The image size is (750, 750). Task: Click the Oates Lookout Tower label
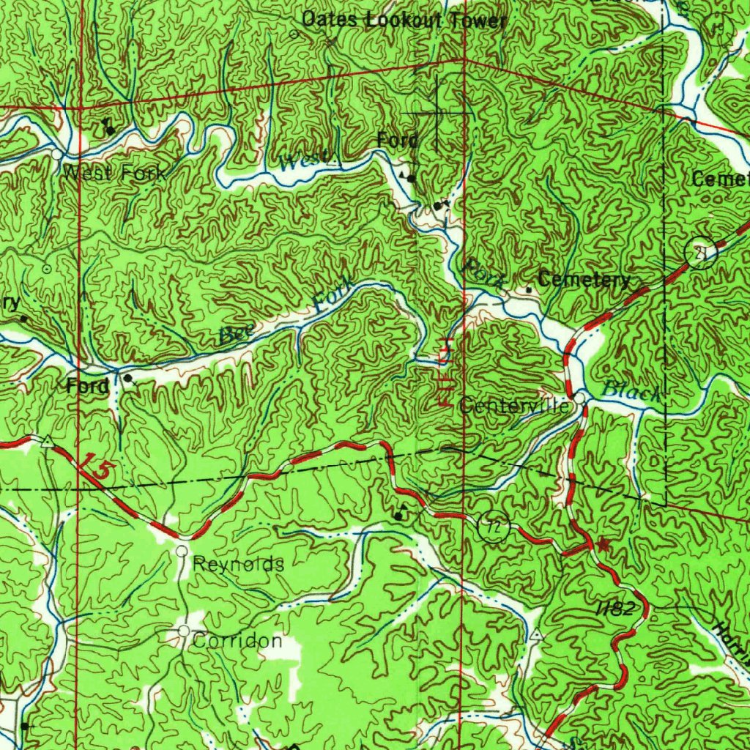404,20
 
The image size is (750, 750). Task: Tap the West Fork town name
114,174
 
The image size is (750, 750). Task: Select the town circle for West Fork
58,155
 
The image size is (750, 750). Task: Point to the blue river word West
298,163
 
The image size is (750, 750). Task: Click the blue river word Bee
235,334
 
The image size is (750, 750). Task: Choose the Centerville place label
515,406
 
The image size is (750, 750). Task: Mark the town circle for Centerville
579,398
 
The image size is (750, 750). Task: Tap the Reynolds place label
239,564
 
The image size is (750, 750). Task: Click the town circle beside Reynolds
182,549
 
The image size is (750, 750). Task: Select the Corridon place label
237,641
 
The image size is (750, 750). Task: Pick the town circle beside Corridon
184,631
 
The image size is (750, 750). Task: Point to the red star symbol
603,544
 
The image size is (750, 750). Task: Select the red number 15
97,468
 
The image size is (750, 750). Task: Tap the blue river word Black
631,393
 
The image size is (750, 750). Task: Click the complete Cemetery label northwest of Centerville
584,280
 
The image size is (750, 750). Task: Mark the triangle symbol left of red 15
48,441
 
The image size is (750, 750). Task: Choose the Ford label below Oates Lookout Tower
398,140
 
